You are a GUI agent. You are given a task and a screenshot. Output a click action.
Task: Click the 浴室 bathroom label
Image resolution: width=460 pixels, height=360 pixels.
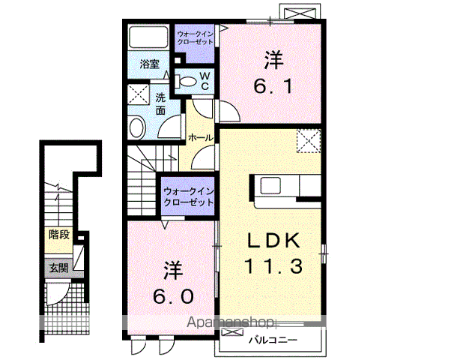click(x=149, y=64)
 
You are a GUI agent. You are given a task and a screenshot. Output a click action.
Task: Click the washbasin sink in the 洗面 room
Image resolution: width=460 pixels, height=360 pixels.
click(x=138, y=127)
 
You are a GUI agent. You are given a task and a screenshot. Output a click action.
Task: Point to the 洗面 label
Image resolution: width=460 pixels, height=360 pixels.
click(x=160, y=103)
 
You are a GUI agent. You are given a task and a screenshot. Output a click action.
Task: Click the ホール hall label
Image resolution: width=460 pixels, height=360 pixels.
click(x=199, y=138)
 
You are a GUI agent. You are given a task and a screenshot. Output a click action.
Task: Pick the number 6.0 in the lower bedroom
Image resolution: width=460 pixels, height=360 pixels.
click(x=172, y=283)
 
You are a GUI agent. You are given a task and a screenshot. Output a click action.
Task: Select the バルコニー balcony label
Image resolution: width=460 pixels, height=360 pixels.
click(x=273, y=340)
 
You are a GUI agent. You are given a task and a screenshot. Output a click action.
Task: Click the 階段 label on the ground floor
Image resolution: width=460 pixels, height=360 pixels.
click(x=59, y=235)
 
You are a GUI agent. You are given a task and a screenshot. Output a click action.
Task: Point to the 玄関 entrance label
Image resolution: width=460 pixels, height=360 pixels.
click(x=59, y=267)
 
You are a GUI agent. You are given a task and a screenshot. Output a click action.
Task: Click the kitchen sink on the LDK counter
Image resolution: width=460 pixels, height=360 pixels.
click(x=269, y=184)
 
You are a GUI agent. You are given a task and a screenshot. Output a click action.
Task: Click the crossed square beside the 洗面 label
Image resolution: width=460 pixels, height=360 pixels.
click(x=138, y=95)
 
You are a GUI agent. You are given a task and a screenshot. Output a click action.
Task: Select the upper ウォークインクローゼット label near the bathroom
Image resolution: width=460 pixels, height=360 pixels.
click(x=195, y=38)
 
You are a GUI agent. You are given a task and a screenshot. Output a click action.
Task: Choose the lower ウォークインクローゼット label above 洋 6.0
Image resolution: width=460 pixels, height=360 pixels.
click(x=188, y=197)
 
